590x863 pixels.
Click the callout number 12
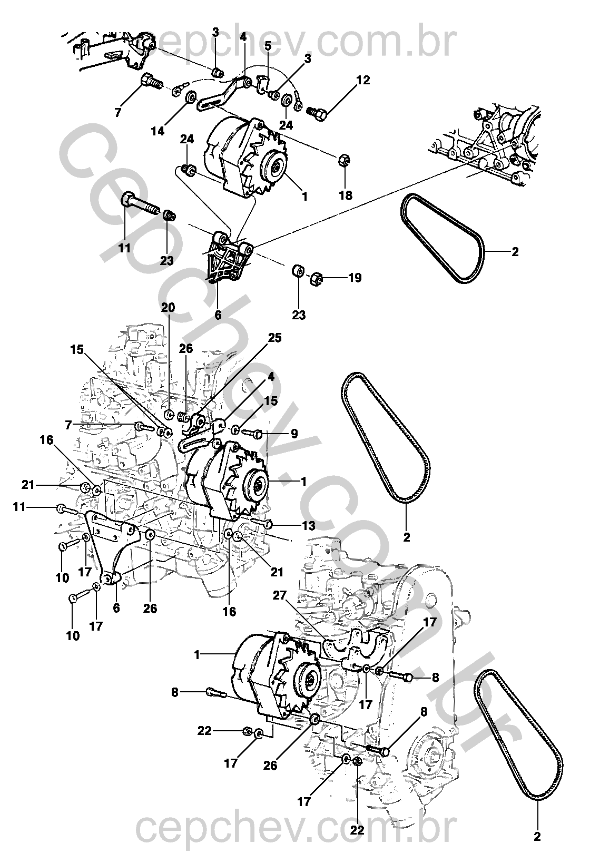click(363, 80)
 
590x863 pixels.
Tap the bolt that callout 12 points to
click(317, 113)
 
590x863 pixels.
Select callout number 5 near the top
click(268, 46)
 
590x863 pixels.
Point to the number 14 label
click(158, 131)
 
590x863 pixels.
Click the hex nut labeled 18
click(343, 160)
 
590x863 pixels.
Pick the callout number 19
click(355, 277)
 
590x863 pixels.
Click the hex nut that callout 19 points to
click(316, 278)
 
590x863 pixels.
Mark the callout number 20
click(168, 308)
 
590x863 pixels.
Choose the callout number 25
click(274, 338)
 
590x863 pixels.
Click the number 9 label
click(294, 434)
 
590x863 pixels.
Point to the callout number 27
click(280, 595)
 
